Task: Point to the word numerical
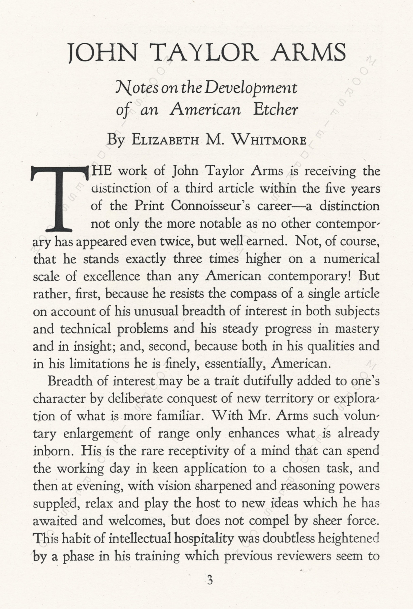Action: point(351,259)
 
